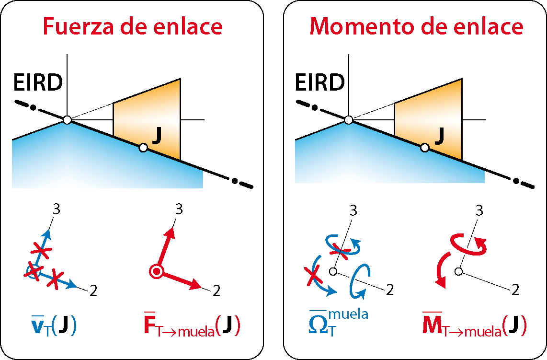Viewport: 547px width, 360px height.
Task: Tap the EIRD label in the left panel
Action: coord(38,83)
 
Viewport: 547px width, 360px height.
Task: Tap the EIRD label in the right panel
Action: coord(319,83)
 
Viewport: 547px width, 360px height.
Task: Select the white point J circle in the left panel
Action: coord(143,148)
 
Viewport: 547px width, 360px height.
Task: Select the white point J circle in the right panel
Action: coord(424,148)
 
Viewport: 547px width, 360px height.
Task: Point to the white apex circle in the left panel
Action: coord(67,120)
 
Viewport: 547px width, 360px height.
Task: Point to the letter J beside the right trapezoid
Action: coord(439,136)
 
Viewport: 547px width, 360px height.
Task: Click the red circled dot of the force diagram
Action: coord(157,271)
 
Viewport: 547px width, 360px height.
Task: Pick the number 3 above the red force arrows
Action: coord(179,209)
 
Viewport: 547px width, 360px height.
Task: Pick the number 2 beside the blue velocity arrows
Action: coord(93,290)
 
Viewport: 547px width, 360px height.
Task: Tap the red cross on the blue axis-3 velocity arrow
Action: coord(41,250)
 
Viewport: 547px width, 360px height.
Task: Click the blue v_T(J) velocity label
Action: coord(53,325)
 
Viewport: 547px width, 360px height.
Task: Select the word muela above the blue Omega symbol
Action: coord(348,314)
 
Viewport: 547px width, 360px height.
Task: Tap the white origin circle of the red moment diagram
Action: coord(459,271)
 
